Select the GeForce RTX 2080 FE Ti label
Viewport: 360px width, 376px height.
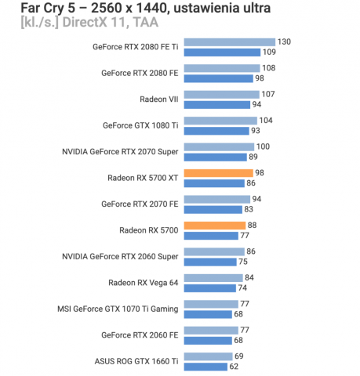(x=135, y=47)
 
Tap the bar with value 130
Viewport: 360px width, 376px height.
(x=229, y=42)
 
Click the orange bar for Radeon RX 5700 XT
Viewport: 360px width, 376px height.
(x=217, y=172)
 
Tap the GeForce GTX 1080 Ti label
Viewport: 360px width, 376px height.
(x=140, y=125)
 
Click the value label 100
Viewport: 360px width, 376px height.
(x=264, y=146)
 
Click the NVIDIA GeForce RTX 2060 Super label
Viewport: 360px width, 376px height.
(x=120, y=256)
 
